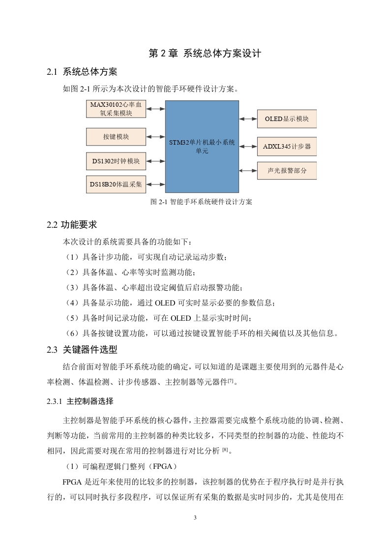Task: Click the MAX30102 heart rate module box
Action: (116, 109)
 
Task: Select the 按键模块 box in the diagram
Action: (116, 136)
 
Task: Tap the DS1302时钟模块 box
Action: (116, 161)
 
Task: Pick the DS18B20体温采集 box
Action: (116, 184)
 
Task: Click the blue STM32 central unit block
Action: (202, 147)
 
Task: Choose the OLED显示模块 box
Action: (287, 119)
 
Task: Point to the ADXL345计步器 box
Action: (287, 146)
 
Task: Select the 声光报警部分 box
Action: (287, 170)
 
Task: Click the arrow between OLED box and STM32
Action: (248, 119)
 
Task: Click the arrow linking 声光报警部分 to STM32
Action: (248, 170)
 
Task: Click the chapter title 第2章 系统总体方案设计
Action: (205, 54)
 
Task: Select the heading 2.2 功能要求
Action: (72, 225)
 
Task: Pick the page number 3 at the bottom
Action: (195, 518)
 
